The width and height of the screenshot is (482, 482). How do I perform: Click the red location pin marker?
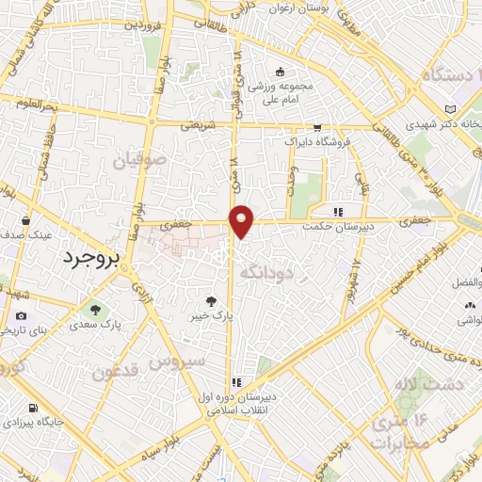click(x=243, y=219)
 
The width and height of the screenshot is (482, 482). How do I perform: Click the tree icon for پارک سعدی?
click(x=93, y=308)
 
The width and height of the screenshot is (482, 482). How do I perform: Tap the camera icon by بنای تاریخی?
click(x=21, y=316)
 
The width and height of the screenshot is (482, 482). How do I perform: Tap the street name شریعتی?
click(x=199, y=123)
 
